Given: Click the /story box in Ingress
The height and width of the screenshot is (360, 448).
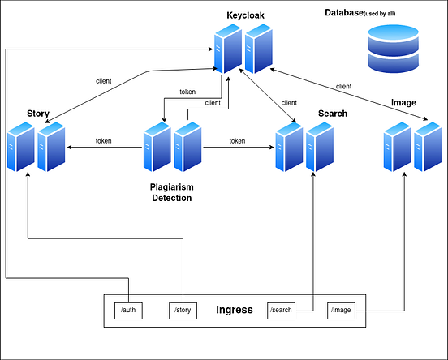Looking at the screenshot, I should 183,311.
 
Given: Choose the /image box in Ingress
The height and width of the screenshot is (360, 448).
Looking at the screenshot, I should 342,311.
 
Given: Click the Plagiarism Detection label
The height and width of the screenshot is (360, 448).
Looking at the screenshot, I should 171,192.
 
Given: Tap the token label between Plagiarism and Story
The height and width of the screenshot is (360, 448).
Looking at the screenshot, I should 103,141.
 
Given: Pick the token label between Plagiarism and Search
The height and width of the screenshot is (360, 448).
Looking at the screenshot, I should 237,141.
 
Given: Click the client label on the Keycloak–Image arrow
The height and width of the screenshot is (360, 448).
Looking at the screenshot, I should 343,86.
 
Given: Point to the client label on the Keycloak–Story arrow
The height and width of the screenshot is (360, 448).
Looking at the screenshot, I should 104,81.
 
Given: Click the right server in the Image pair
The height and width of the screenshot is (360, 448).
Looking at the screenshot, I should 428,148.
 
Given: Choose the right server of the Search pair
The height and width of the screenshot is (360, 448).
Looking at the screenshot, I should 319,148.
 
